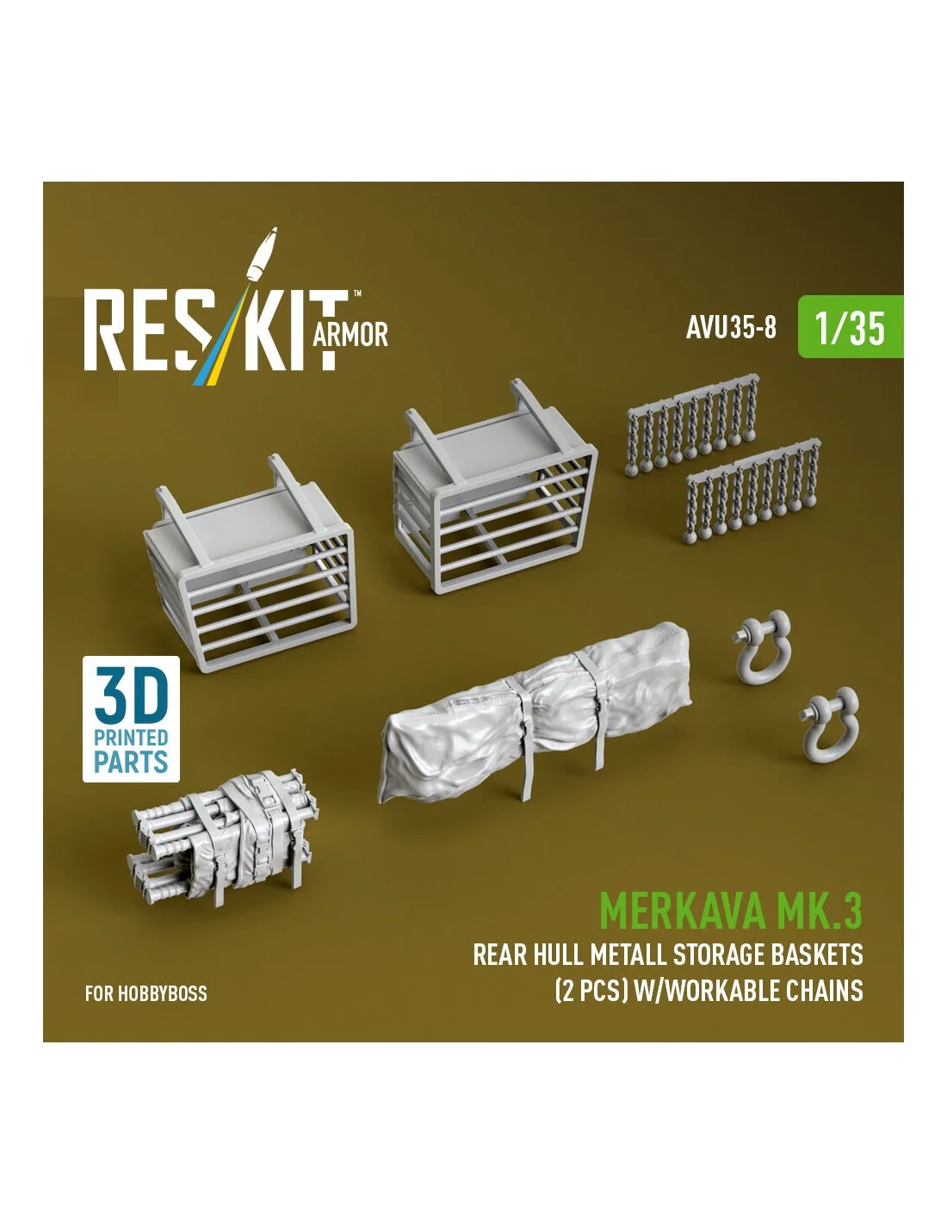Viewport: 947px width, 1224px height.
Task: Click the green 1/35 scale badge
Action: coord(850,326)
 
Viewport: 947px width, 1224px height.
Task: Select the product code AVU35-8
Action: coord(731,327)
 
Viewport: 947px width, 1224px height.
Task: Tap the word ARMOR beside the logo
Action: coord(350,335)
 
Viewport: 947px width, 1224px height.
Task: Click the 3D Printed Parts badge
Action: coord(131,719)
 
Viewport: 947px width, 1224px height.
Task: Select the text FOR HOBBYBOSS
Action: coord(145,993)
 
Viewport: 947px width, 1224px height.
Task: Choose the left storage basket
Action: coord(249,563)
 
